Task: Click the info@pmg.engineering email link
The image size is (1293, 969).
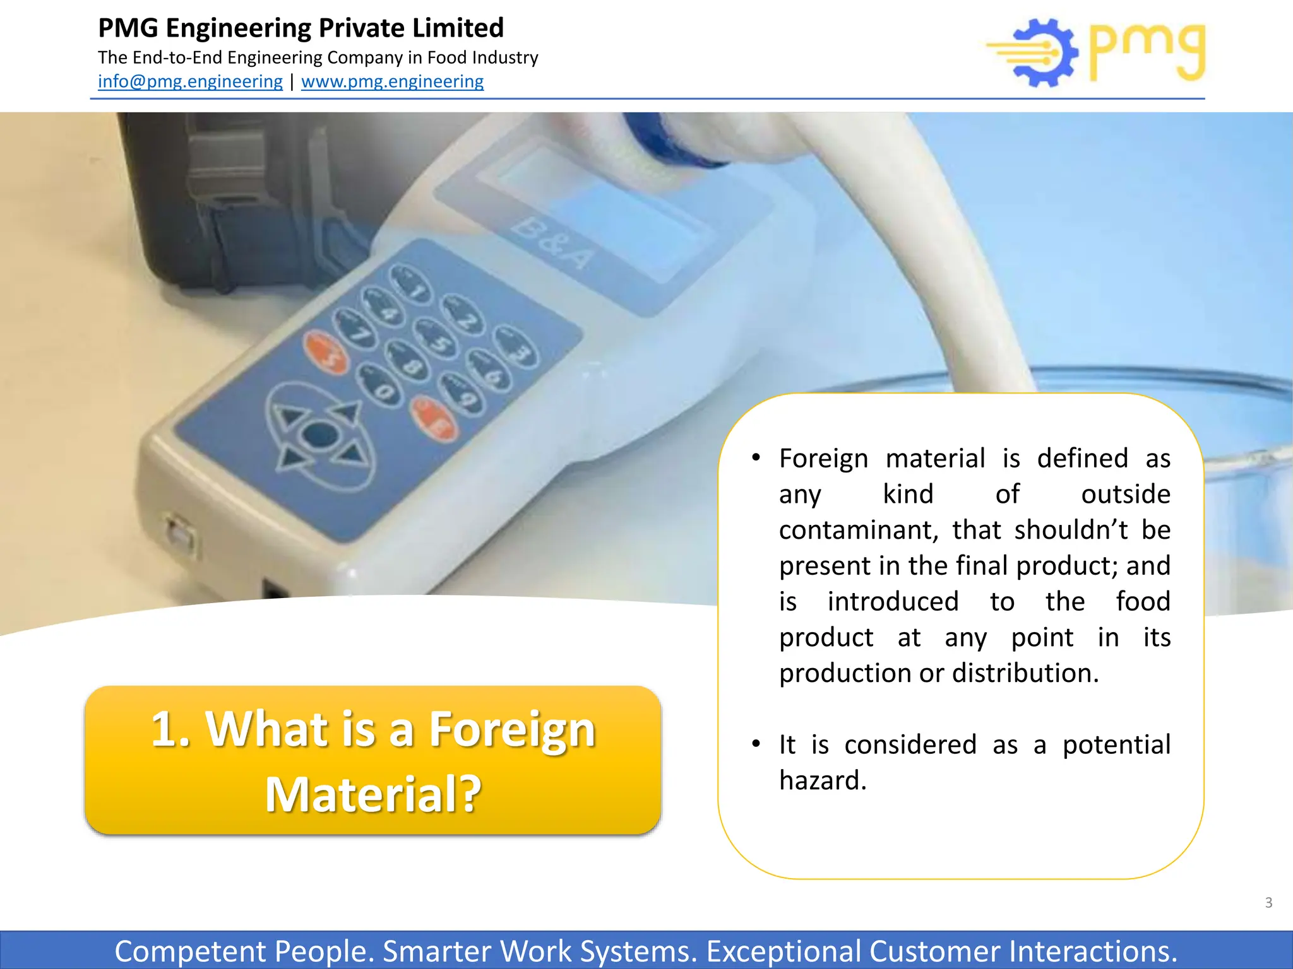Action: coord(190,81)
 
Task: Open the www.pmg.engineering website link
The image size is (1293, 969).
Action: coord(392,81)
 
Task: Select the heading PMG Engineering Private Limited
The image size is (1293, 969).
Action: coord(301,28)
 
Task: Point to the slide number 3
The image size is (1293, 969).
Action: coord(1268,903)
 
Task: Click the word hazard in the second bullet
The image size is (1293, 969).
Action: coord(823,781)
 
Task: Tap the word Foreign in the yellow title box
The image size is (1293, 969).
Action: coord(512,729)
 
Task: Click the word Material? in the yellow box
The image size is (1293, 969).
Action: coord(373,794)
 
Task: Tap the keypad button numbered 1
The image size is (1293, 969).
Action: coord(411,284)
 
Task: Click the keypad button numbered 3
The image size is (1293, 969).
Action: coord(516,347)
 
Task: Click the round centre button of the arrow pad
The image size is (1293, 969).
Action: coord(320,435)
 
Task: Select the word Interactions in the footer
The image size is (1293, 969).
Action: coord(1092,951)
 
